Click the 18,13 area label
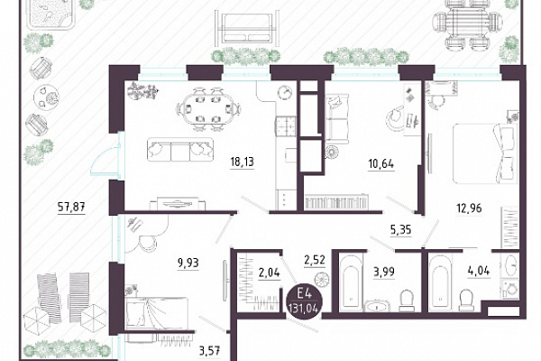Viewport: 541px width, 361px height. coord(242,162)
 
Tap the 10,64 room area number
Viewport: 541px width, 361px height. coord(381,163)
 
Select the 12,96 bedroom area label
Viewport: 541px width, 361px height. coord(469,208)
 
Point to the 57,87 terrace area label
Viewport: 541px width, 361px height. coord(70,207)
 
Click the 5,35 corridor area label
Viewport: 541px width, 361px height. coord(401,230)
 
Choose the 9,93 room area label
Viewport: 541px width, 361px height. coord(188,263)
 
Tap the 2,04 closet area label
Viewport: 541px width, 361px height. coord(269,273)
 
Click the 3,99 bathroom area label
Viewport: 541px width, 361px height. coord(384,272)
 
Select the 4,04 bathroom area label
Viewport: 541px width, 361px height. coord(478,271)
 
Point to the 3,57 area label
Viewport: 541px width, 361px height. coord(209,351)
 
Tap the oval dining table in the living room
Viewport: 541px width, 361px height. coord(208,109)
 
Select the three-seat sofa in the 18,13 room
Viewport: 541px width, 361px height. coord(180,150)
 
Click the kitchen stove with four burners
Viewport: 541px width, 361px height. coord(286,126)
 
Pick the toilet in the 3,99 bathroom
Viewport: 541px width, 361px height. coord(406,301)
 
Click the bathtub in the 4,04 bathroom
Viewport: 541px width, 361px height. coord(438,282)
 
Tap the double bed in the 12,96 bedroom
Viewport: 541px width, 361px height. coord(485,153)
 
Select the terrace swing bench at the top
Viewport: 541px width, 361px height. coord(246,28)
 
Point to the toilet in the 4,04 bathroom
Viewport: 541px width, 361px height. coord(466,300)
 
